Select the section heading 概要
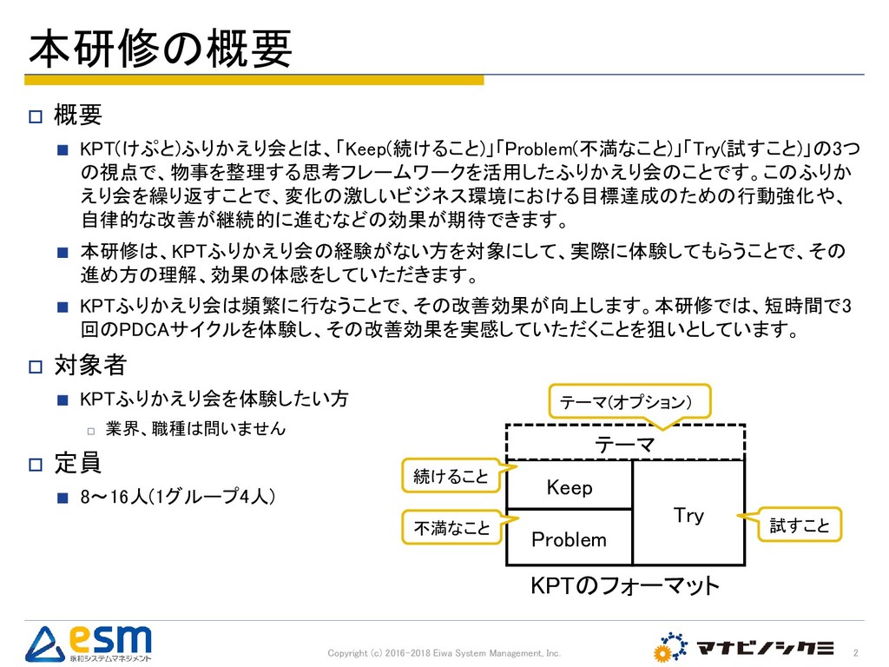(x=78, y=114)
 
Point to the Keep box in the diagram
(x=570, y=487)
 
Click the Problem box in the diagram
(x=569, y=539)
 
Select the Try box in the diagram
(x=688, y=515)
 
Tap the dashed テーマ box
(x=625, y=444)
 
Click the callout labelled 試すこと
(x=800, y=525)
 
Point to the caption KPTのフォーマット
(x=625, y=586)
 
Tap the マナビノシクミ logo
(x=745, y=647)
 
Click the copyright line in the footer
(x=444, y=652)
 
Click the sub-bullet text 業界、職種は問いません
(x=195, y=429)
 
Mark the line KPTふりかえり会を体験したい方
(x=214, y=400)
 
